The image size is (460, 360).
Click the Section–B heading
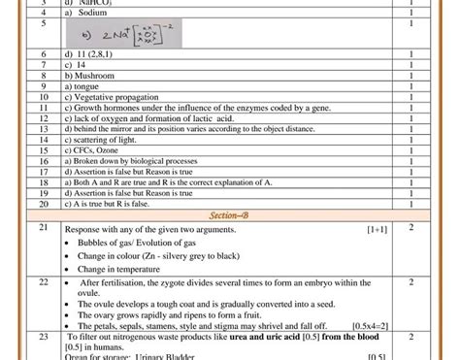pyautogui.click(x=230, y=214)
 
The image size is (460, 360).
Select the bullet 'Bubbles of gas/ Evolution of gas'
pyautogui.click(x=140, y=243)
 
